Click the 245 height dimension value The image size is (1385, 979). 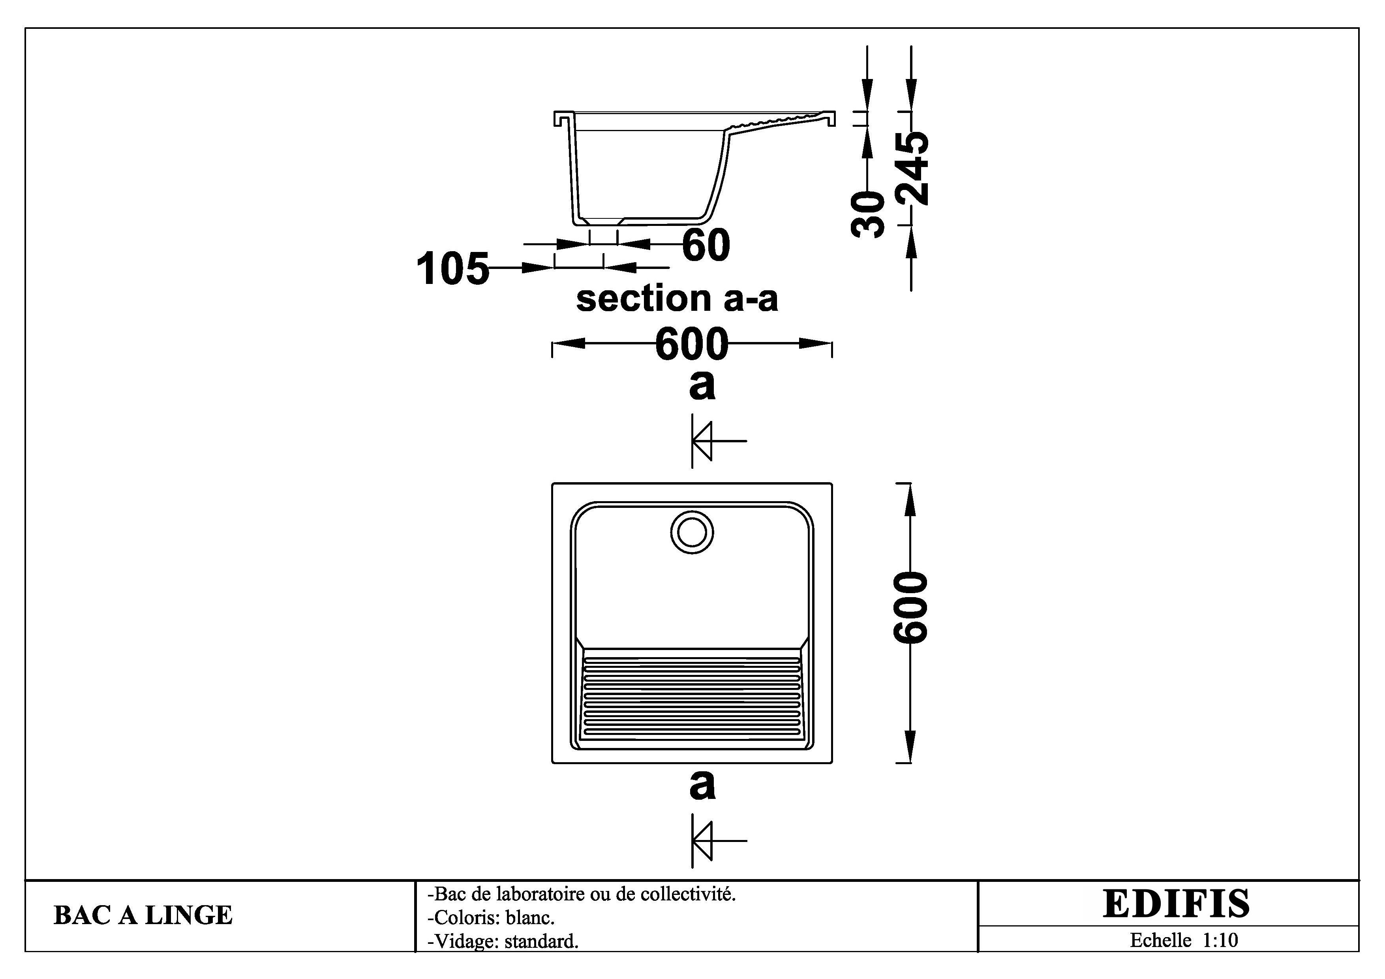click(912, 168)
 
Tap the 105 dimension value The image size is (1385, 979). click(452, 269)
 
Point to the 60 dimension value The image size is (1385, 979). click(706, 245)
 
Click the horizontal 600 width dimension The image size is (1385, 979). click(692, 344)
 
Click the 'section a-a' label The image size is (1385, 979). click(677, 298)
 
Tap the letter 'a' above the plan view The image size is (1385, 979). click(702, 385)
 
